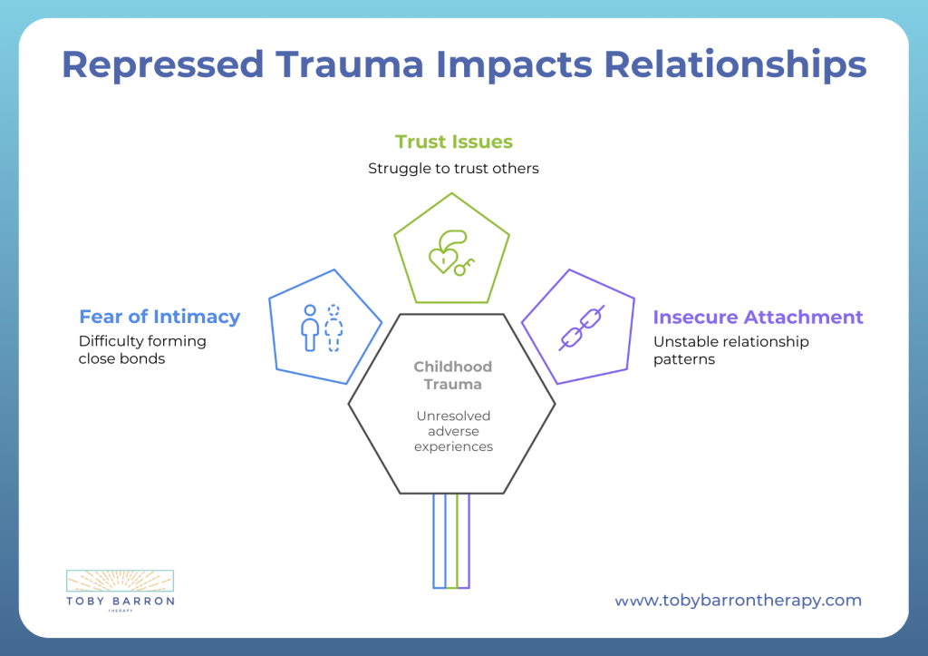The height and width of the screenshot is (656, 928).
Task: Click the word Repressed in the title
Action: coord(162,65)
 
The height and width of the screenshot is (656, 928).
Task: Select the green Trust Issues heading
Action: coord(453,142)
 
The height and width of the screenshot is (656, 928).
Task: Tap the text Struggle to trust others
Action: coord(453,168)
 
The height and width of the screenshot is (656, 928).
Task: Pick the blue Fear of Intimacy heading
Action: coord(159,317)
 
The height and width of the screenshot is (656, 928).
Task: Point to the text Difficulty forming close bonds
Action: coord(142,350)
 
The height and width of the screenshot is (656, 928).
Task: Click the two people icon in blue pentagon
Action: coord(322,328)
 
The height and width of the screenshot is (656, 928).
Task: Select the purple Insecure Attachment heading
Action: coord(758,317)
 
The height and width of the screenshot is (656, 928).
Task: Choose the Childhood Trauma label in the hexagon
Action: coord(453,376)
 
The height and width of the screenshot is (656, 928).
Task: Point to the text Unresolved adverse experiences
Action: coord(453,431)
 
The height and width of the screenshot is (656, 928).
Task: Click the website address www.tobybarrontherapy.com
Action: coord(738,601)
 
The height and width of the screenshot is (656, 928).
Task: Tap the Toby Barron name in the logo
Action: coord(121,601)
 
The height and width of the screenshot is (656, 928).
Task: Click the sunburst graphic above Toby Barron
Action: coord(121,581)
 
